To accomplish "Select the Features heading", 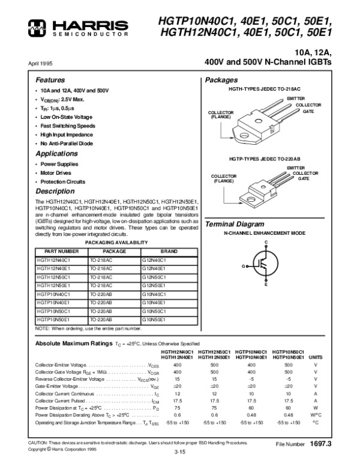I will point(50,80).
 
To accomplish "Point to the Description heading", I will point(55,191).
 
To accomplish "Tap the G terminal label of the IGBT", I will point(244,265).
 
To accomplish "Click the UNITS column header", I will point(315,356).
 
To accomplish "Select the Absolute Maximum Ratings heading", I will point(73,343).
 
